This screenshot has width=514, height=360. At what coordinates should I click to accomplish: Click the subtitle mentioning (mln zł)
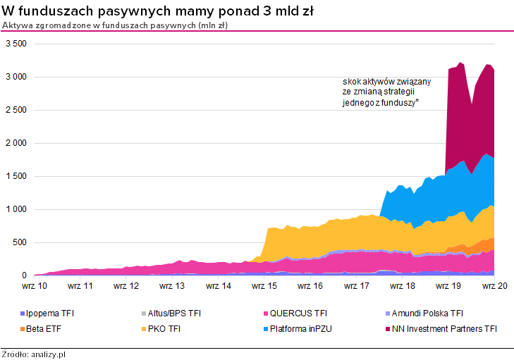pos(115,25)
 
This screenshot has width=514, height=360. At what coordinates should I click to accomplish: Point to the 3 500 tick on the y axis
pos(16,44)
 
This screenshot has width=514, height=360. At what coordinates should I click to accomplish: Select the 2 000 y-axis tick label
pos(16,143)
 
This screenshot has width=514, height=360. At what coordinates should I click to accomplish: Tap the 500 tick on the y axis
pos(19,242)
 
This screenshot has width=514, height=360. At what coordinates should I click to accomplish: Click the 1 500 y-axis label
pos(16,176)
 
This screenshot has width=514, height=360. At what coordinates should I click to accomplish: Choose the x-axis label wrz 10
pos(34,286)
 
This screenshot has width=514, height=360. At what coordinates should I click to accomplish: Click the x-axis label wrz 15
pos(264,286)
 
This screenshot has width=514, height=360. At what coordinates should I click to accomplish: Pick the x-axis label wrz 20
pos(494,286)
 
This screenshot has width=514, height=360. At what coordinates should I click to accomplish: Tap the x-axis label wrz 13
pos(171,286)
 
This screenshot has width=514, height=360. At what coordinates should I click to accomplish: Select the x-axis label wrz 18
pos(401,286)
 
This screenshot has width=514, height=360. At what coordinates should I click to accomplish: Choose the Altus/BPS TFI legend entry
pos(169,313)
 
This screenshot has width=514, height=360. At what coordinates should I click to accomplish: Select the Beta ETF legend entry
pos(44,328)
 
